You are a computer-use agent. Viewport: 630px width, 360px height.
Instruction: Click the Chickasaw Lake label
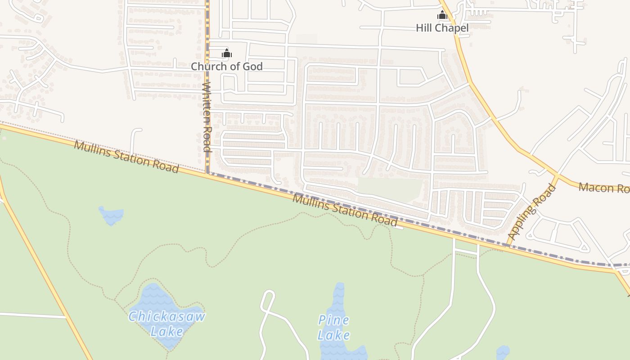tap(166, 324)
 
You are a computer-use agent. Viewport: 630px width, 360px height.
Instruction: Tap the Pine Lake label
tap(334, 327)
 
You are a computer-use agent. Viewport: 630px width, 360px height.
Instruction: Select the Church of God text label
tap(226, 66)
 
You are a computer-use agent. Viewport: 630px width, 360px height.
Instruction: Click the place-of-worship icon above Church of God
tap(226, 54)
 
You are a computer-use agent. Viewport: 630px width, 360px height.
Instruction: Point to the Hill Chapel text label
tap(442, 28)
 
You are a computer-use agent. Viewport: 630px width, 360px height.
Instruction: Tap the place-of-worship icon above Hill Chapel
tap(442, 15)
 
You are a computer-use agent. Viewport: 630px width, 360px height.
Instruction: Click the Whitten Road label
tap(207, 117)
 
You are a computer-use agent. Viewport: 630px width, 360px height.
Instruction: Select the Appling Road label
tap(532, 212)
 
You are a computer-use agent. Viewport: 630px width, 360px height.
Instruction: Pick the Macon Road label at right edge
tap(604, 188)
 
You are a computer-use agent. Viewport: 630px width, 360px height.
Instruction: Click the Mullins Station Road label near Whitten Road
tap(126, 156)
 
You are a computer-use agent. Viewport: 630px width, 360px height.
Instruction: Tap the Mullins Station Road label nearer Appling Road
tap(345, 210)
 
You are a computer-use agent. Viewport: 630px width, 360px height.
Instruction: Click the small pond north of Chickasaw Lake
tap(111, 215)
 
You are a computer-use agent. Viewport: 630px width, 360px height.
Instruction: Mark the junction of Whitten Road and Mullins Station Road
tap(207, 173)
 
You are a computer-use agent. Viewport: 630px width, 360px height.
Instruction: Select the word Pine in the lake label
tap(334, 320)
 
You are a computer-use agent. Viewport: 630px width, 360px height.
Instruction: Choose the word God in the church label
tap(253, 66)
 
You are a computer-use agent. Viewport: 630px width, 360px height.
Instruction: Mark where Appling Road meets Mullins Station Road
tap(508, 246)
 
